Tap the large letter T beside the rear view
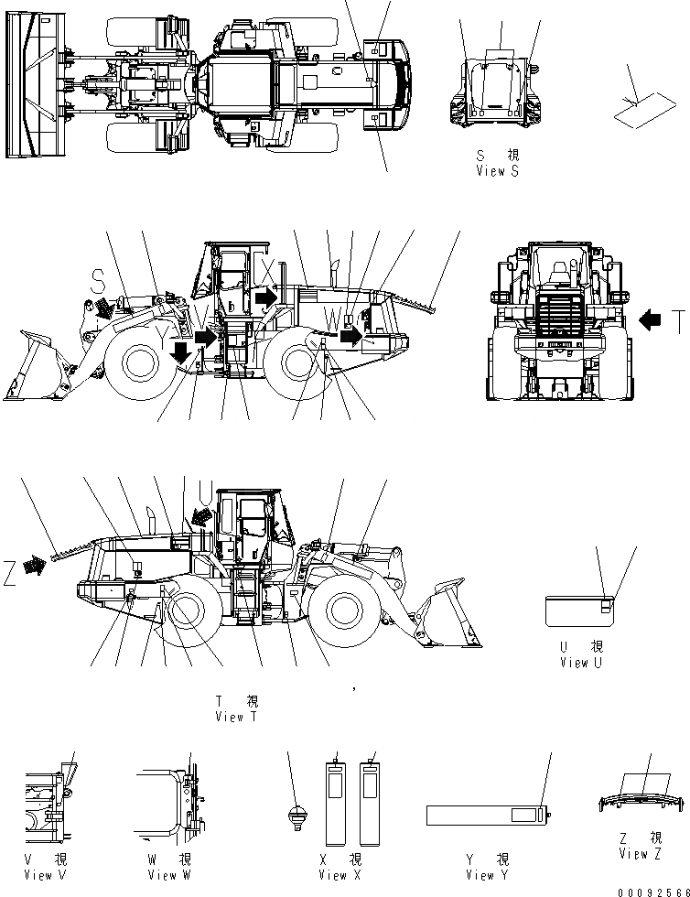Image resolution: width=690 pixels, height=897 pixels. [x=677, y=321]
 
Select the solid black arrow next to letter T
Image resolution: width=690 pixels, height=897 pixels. [x=651, y=320]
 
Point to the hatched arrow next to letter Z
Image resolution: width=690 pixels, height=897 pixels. [x=36, y=567]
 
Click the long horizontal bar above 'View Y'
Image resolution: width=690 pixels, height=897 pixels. [x=485, y=815]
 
